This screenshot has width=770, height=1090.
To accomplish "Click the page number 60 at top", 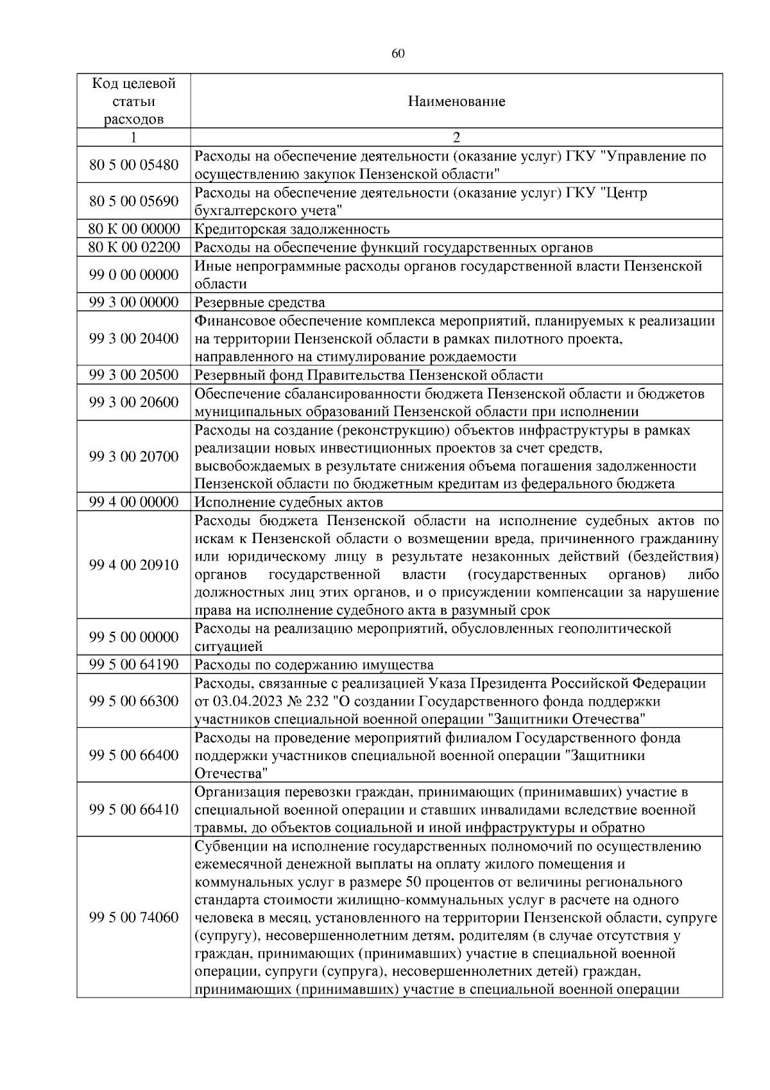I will (397, 54).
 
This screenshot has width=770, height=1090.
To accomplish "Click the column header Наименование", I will (456, 101).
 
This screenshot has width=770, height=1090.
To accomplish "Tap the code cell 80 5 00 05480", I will (133, 165).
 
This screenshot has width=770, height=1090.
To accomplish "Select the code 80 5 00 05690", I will (133, 202).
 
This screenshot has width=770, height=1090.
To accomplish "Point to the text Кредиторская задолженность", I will (292, 229).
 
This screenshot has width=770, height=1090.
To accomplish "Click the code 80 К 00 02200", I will (133, 247).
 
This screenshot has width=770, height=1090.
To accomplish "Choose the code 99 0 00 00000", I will (133, 275).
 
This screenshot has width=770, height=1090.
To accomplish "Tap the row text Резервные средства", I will (260, 302).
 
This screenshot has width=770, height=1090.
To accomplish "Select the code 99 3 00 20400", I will (133, 338).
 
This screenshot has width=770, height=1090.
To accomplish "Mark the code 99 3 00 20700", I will (133, 456).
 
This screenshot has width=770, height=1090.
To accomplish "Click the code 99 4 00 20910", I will (133, 565).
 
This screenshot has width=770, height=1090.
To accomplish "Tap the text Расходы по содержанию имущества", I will (314, 664).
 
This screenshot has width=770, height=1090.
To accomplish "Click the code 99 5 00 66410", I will (133, 809).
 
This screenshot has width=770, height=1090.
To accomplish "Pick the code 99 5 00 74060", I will (133, 917).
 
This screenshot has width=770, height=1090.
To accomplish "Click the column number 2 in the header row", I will (456, 137).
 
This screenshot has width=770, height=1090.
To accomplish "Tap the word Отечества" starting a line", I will (231, 774).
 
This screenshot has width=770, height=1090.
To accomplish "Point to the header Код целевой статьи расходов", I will (133, 101).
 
